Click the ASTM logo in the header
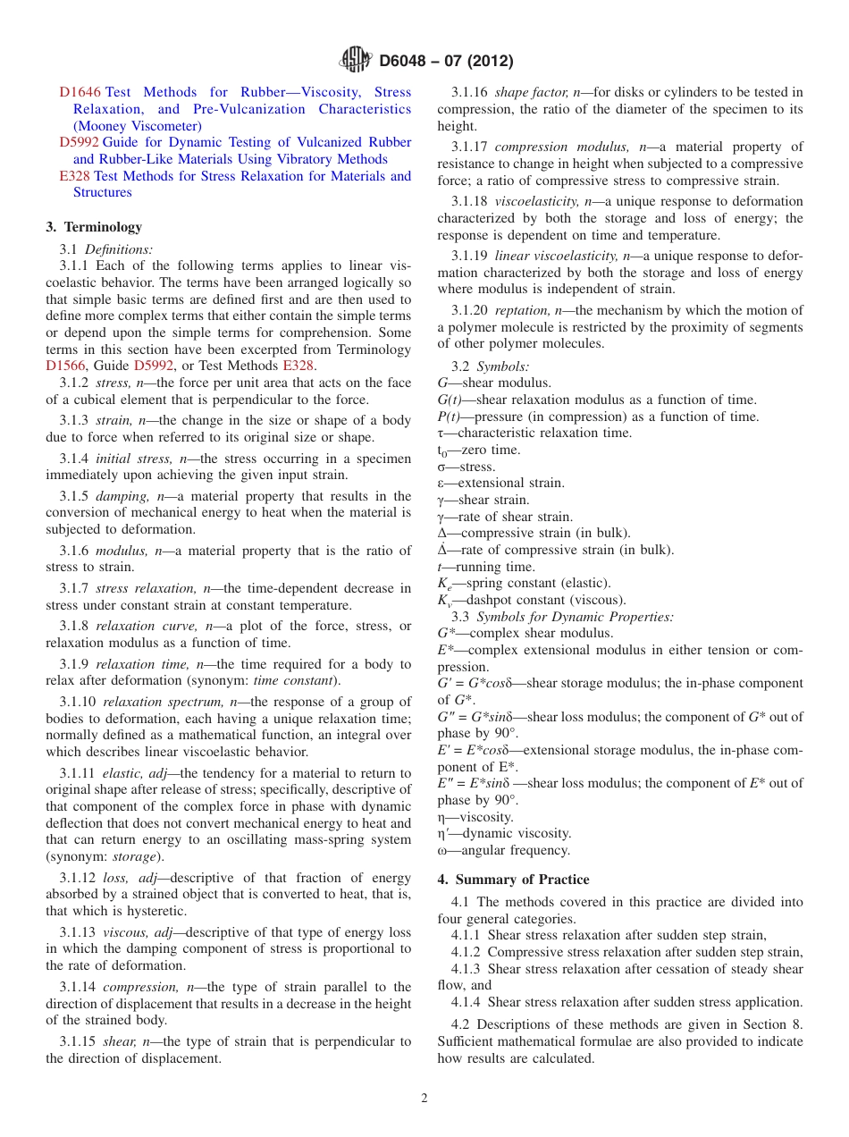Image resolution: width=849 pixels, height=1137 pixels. coord(356,61)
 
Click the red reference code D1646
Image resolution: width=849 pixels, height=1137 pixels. coord(80,92)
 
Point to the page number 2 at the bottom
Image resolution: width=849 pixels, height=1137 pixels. coord(424,1099)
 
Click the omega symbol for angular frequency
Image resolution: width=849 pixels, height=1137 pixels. coord(442,851)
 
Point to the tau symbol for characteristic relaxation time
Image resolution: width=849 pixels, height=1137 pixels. coord(441,434)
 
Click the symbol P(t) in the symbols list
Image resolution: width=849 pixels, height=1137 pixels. coord(450,417)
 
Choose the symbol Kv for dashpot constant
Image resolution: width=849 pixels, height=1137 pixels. coord(442,601)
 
